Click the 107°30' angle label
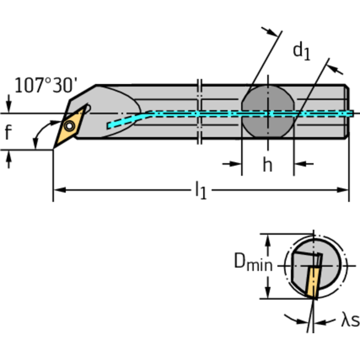pos(45,86)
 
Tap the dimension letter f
pos(8,133)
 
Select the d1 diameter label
pos(302,50)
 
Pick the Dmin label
pos(253,264)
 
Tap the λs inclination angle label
pos(350,321)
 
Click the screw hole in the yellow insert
pos(69,125)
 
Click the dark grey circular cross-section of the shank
pos(267,113)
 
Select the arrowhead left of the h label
pos(237,164)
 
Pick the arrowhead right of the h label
pos(299,164)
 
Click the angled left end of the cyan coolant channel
pos(111,125)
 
